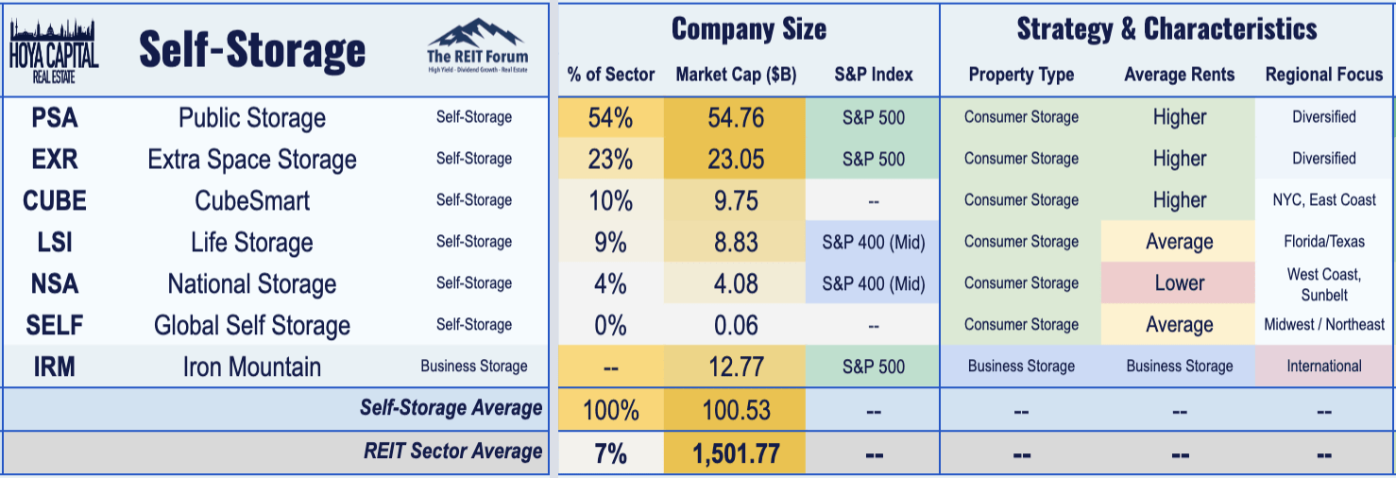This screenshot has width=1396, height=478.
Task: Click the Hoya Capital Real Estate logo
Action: click(54, 49)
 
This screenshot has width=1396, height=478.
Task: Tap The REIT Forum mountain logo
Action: click(476, 46)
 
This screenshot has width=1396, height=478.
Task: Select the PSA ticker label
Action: click(54, 117)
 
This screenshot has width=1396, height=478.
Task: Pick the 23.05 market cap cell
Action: click(735, 159)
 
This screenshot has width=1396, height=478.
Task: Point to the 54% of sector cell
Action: click(610, 117)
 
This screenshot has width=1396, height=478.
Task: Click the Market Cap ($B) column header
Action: click(735, 75)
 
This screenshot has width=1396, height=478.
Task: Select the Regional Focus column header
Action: click(1323, 75)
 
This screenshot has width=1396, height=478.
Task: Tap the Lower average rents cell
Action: click(1179, 283)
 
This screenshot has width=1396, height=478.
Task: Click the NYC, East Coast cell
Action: click(1323, 200)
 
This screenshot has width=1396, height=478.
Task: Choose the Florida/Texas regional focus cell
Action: click(1323, 242)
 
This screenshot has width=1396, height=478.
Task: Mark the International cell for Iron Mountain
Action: click(1323, 367)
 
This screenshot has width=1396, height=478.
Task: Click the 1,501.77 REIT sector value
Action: click(735, 453)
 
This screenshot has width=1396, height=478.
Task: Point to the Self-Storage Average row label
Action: click(451, 408)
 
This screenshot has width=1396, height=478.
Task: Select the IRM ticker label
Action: click(54, 367)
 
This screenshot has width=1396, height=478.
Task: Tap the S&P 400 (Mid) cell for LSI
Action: click(873, 242)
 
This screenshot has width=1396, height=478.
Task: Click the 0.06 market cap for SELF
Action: click(735, 325)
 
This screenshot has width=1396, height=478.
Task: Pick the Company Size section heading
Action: click(748, 28)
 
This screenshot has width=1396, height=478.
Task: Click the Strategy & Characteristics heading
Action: click(1166, 28)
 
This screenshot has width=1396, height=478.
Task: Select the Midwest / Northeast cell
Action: click(1323, 325)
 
